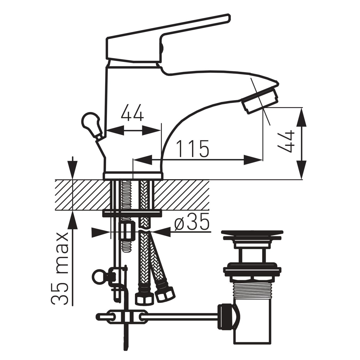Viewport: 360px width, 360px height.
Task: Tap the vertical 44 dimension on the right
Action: point(286,142)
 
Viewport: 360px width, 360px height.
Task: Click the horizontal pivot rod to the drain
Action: point(181,317)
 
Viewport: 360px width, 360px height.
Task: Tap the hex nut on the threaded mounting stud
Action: point(127,231)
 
